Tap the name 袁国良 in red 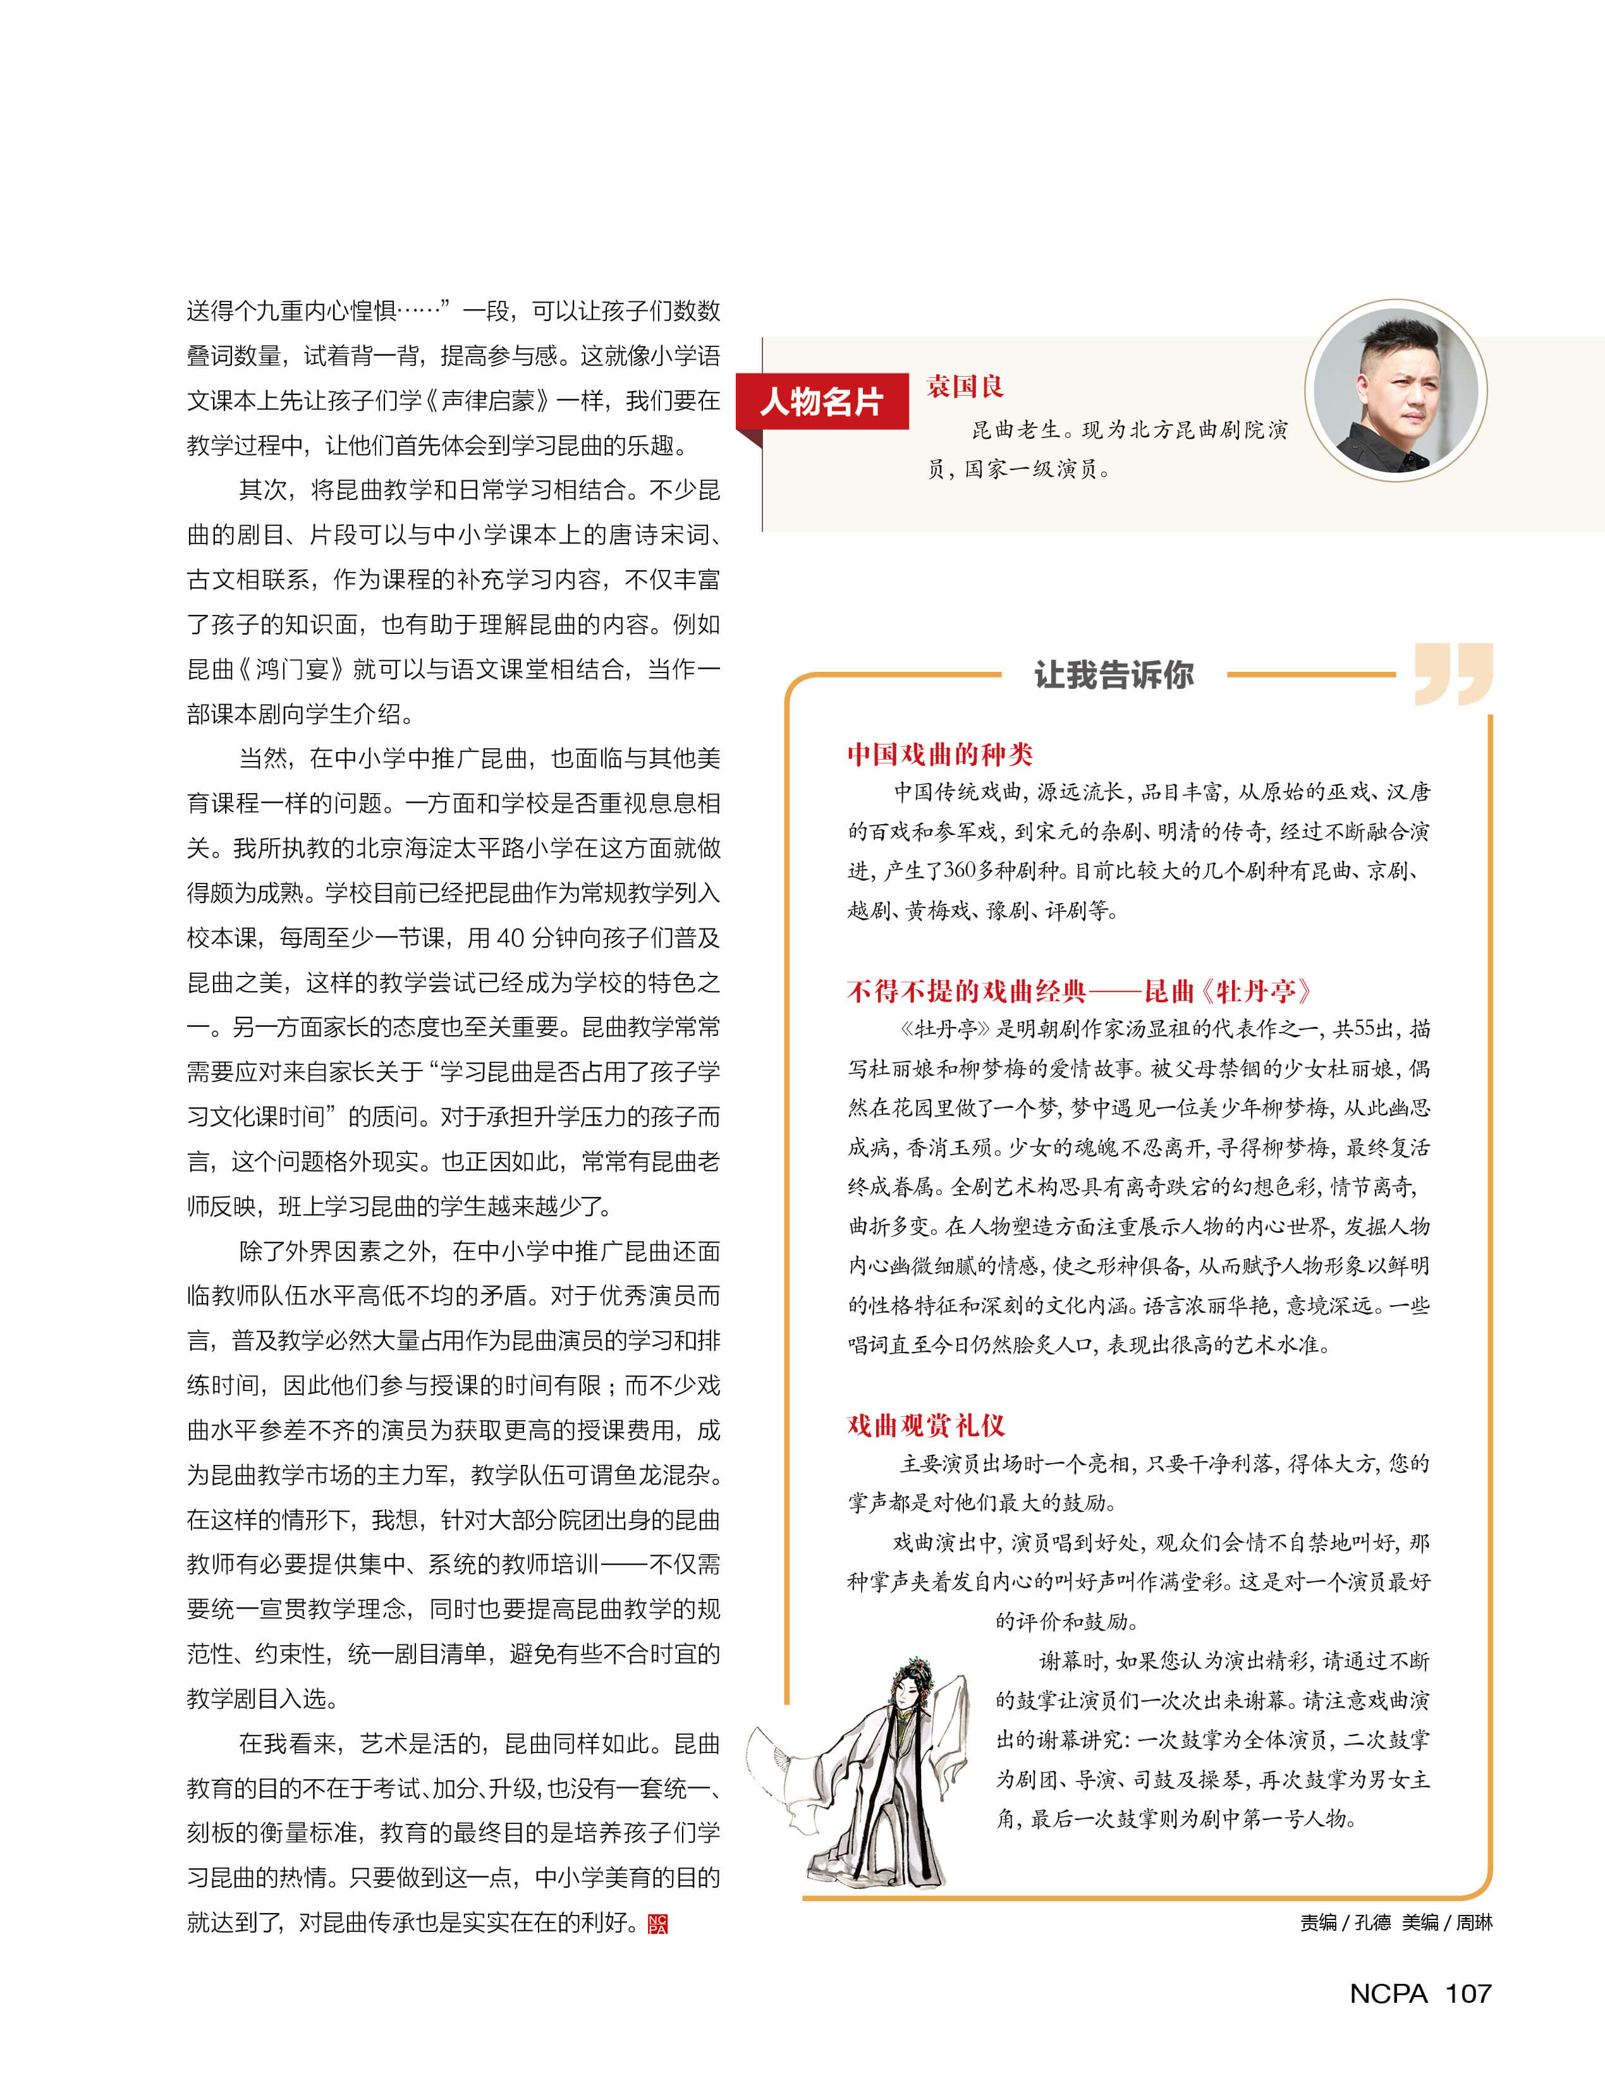tap(965, 387)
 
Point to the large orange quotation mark tap(1453, 674)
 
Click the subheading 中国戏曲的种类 tap(940, 755)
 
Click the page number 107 tap(1468, 1993)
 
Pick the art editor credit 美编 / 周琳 tap(1446, 1923)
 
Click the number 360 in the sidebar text tap(961, 870)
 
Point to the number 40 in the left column tap(510, 938)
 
